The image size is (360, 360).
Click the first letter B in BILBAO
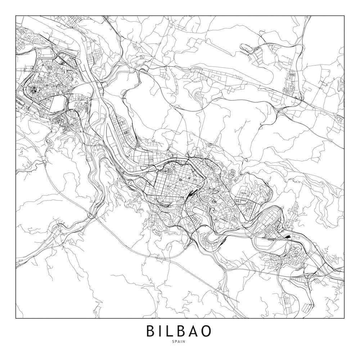point(151,331)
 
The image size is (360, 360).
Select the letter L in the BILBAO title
point(171,331)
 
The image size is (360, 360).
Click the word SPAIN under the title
point(180,342)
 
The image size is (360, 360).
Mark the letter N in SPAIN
point(185,342)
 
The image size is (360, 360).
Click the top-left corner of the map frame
point(16,16)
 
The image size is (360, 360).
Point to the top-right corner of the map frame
point(344,16)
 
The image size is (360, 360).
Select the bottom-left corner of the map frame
point(16,318)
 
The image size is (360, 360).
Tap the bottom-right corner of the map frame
point(344,318)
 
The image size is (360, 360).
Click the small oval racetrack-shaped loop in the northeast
point(246,46)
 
